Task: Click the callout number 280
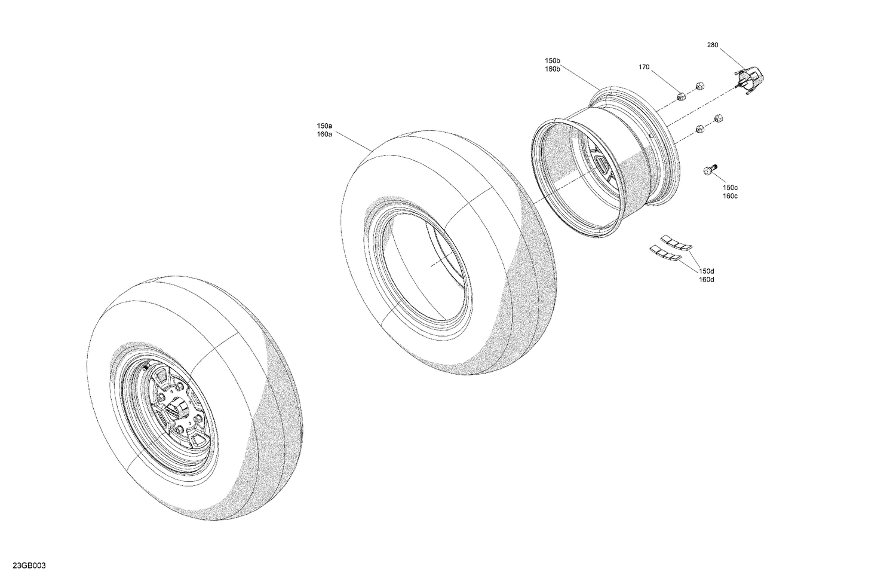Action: click(x=713, y=45)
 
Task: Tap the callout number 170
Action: click(x=644, y=68)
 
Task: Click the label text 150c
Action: click(x=729, y=188)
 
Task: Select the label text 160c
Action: click(x=729, y=196)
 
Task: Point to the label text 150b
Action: click(x=552, y=61)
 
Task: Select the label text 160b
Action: click(x=552, y=69)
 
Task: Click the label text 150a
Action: click(x=324, y=126)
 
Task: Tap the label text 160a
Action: click(x=324, y=134)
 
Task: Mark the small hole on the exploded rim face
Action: click(x=650, y=137)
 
